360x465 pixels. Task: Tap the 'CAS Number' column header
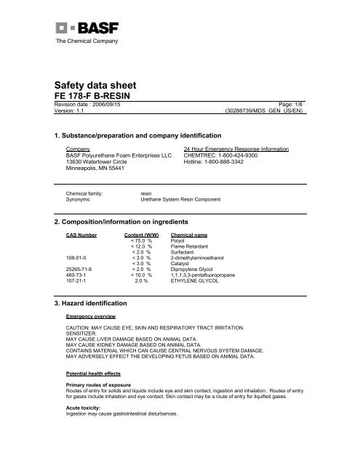point(84,236)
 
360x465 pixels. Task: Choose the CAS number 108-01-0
point(77,256)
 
